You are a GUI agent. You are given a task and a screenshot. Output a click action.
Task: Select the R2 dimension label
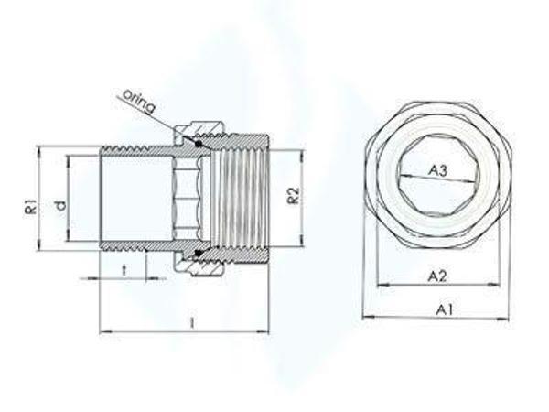[292, 194]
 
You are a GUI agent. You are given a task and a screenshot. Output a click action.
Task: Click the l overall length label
[191, 321]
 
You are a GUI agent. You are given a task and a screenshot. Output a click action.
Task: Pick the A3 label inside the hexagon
[438, 170]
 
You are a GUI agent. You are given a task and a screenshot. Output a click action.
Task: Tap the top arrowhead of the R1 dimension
[38, 148]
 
